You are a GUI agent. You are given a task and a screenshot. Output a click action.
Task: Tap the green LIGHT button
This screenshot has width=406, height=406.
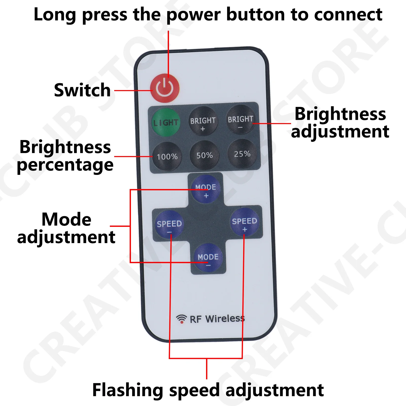pos(166,122)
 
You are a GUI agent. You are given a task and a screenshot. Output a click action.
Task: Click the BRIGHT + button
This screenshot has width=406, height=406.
pos(203,121)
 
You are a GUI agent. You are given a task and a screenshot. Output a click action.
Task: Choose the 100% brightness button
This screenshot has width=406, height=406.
pos(167,156)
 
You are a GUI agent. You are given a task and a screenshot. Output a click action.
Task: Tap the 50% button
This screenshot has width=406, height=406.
pos(205,155)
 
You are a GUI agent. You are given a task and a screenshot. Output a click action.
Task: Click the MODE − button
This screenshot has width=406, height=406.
pos(208,258)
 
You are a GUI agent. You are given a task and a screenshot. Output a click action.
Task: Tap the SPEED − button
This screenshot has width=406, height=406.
pos(169,224)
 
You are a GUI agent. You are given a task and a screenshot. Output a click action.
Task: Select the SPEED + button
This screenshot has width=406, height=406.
pos(244,222)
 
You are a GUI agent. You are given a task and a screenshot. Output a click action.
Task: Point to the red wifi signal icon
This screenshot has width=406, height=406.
pos(181,319)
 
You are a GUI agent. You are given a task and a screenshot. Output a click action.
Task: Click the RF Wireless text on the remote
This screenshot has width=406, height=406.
pos(217,319)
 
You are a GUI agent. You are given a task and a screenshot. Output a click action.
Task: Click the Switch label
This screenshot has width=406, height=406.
pos(82,90)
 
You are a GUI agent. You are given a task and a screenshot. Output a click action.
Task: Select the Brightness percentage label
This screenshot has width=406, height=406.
pos(65,156)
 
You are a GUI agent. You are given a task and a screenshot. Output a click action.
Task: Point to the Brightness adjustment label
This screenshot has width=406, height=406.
pos(340,123)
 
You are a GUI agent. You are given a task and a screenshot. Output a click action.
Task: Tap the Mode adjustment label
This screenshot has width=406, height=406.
pos(66,228)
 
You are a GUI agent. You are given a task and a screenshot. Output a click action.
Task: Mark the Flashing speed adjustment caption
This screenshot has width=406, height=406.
pos(208,390)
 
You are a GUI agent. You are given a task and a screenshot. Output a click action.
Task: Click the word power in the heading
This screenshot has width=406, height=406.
pos(194,15)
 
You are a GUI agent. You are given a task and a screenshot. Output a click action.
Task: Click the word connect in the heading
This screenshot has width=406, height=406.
pos(348,15)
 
